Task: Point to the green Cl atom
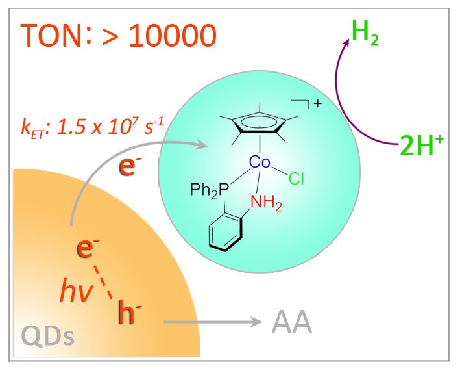tap(297, 179)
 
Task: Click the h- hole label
tap(130, 313)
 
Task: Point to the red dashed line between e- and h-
tap(108, 279)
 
